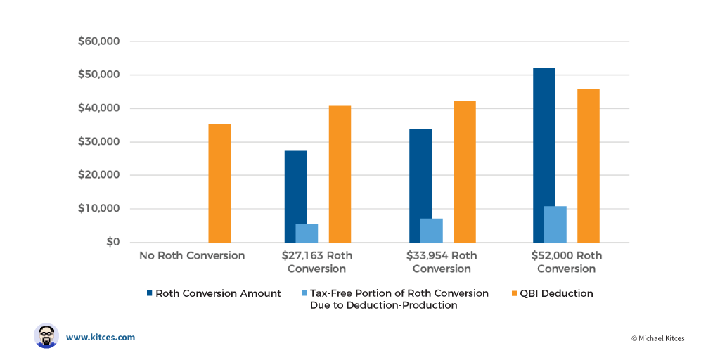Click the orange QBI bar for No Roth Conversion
pos(219,184)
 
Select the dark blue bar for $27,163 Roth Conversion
pos(295,197)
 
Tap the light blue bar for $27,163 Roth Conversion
pos(307,233)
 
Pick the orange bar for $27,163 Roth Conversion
pos(340,174)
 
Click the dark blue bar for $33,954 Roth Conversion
pos(420,186)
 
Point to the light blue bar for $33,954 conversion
pos(432,231)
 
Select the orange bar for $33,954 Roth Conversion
pos(465,172)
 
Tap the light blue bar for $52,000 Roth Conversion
pos(555,224)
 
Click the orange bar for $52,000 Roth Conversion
pos(589,166)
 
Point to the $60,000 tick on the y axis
pos(99,41)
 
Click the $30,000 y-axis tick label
pos(99,142)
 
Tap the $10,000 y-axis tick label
pos(99,209)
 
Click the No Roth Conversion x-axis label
pos(192,256)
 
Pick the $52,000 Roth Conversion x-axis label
pos(566,262)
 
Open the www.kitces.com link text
pos(101,337)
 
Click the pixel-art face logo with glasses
pos(46,336)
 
